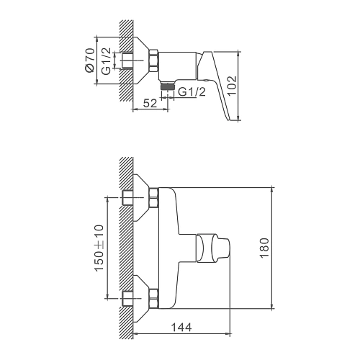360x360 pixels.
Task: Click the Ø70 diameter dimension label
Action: (x=90, y=60)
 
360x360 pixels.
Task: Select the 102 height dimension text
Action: (x=232, y=86)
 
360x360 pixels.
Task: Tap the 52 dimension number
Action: (x=150, y=103)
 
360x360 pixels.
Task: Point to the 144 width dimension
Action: (x=181, y=328)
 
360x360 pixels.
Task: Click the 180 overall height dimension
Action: (x=264, y=248)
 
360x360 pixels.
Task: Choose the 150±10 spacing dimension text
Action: (x=99, y=248)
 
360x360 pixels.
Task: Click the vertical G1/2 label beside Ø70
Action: (x=106, y=61)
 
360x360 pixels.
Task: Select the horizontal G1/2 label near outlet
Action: (x=192, y=91)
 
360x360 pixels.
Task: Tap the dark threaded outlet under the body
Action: (x=167, y=86)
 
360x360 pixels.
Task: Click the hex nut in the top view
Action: (x=154, y=60)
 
